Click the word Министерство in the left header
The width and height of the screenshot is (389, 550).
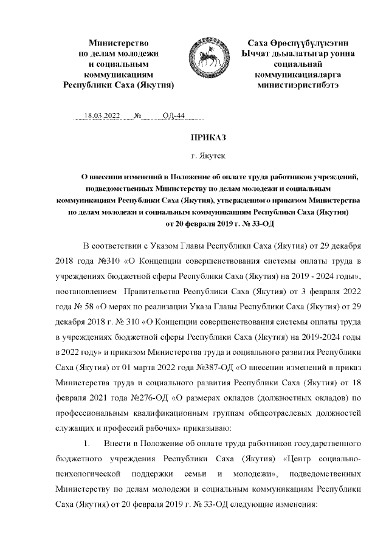coord(119,43)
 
